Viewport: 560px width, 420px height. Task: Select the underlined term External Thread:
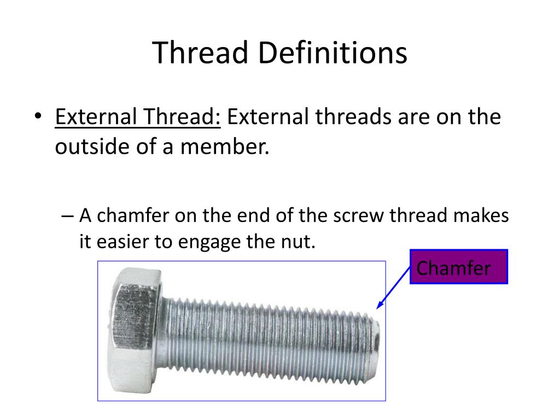point(138,117)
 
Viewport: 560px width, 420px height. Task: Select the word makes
point(481,215)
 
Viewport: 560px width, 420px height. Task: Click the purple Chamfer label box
point(459,267)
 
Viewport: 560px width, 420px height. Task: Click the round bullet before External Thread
point(37,118)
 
